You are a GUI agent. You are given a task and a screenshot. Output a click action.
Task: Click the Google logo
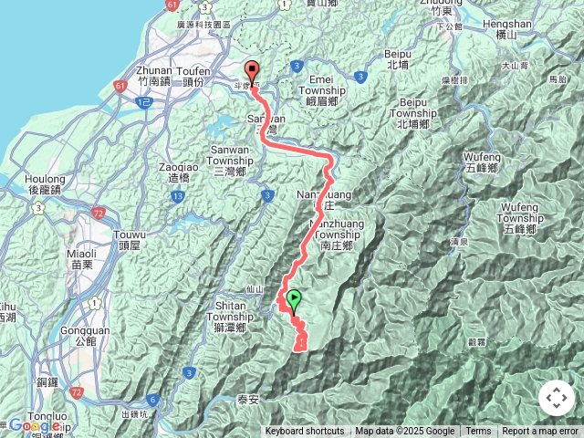pyautogui.click(x=34, y=425)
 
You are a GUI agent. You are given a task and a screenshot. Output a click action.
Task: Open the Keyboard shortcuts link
pyautogui.click(x=305, y=432)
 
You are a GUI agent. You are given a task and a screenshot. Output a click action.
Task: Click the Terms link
pyautogui.click(x=478, y=432)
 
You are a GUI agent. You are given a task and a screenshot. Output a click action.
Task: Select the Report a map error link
pyautogui.click(x=540, y=432)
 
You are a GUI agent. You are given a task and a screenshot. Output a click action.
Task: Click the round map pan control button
pyautogui.click(x=557, y=398)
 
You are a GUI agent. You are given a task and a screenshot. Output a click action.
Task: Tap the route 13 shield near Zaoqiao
pyautogui.click(x=177, y=195)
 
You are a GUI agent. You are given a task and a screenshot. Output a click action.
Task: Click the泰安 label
pyautogui.click(x=248, y=399)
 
